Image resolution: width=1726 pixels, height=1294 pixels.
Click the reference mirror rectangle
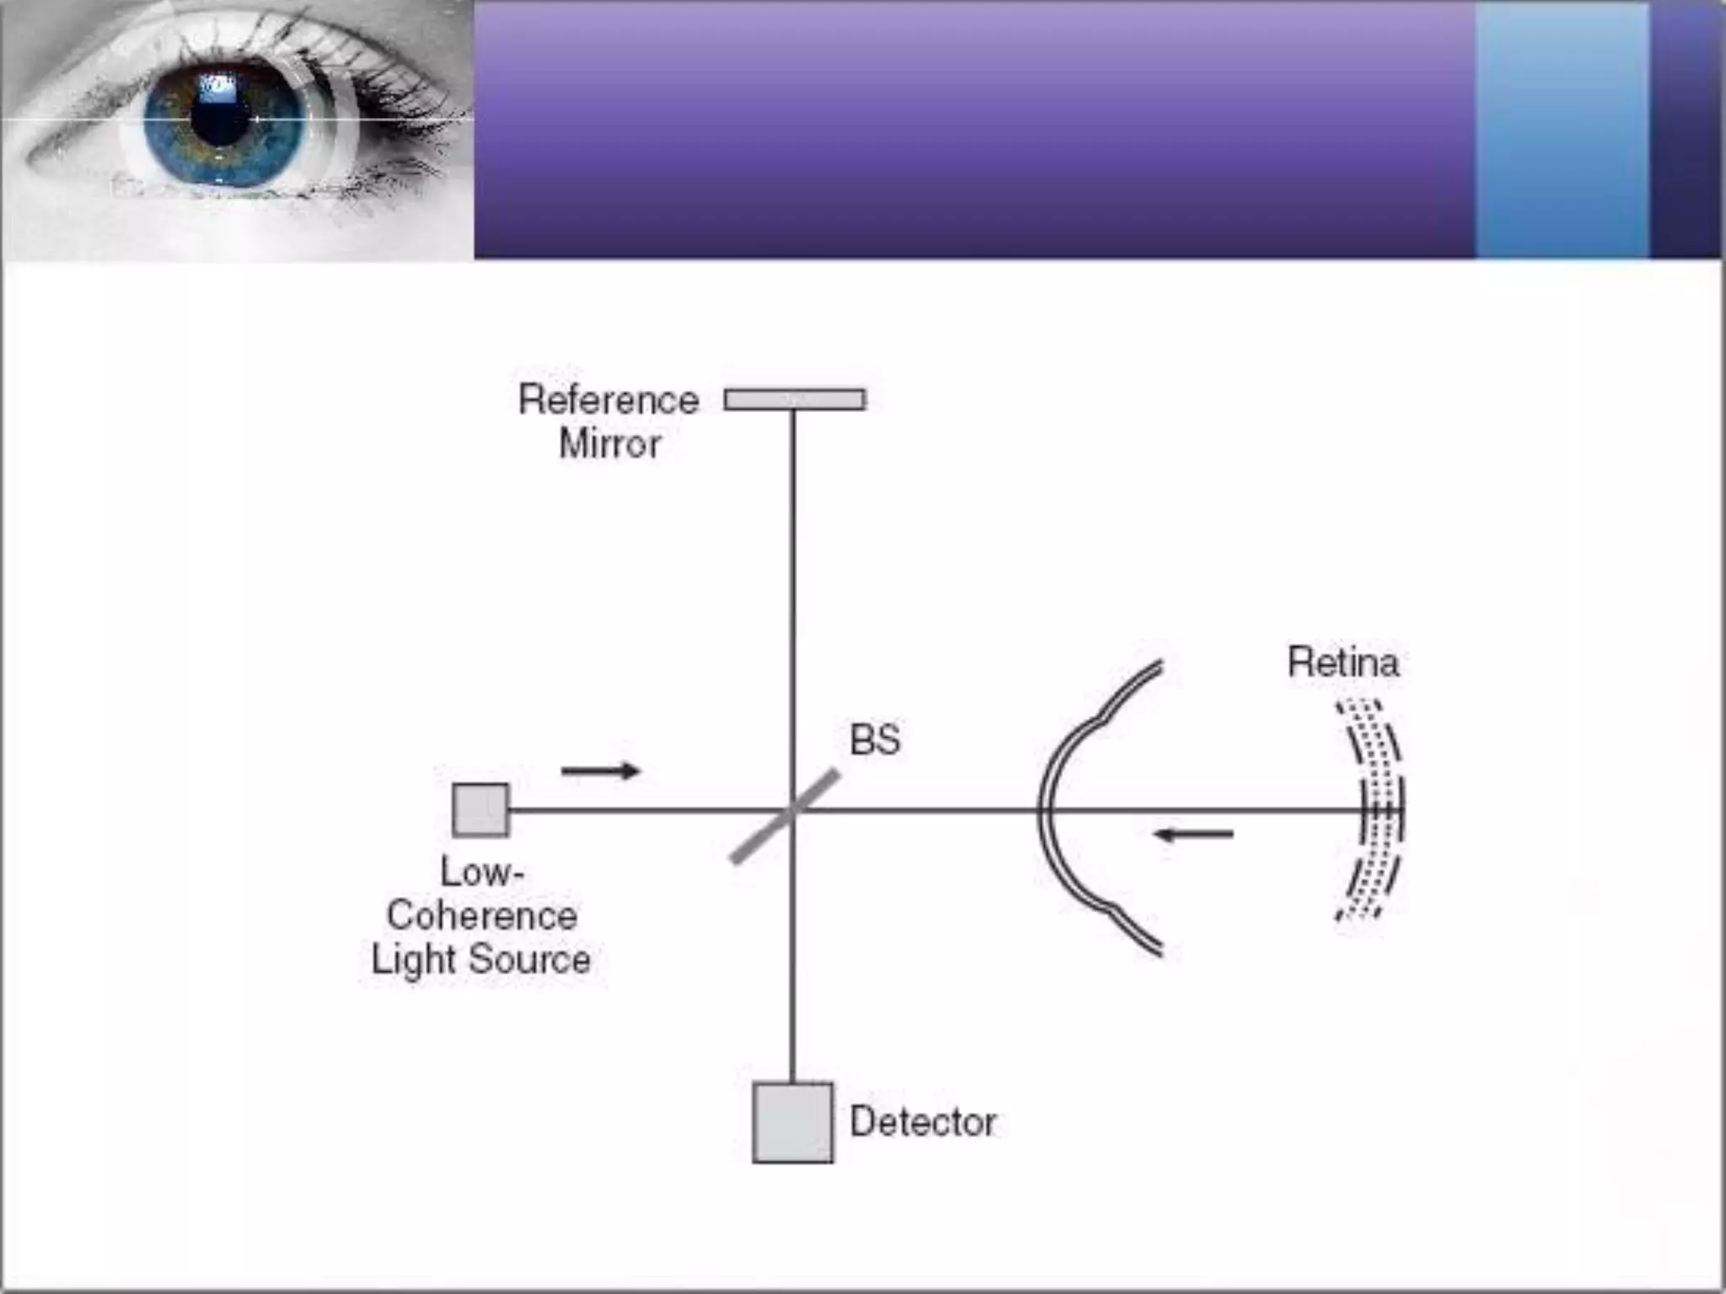tap(795, 399)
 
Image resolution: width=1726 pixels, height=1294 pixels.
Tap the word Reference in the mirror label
tap(608, 400)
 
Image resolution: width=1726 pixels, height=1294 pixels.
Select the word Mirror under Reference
tap(610, 444)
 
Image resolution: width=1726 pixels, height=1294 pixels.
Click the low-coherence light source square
tap(480, 810)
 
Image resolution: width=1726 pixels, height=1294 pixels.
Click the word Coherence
tap(482, 916)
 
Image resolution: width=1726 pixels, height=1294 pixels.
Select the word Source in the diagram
tap(529, 960)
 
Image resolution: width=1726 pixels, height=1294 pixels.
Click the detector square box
tap(792, 1123)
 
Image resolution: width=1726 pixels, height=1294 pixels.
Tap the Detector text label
tap(923, 1122)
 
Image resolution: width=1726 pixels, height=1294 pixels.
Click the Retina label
tap(1343, 663)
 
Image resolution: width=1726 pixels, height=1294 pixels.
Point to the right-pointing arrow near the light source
tap(601, 770)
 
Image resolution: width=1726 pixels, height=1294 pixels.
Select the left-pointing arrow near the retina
tap(1193, 835)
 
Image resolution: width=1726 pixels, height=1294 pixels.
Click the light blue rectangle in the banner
tap(1562, 131)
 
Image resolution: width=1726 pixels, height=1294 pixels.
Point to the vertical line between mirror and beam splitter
tap(792, 590)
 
